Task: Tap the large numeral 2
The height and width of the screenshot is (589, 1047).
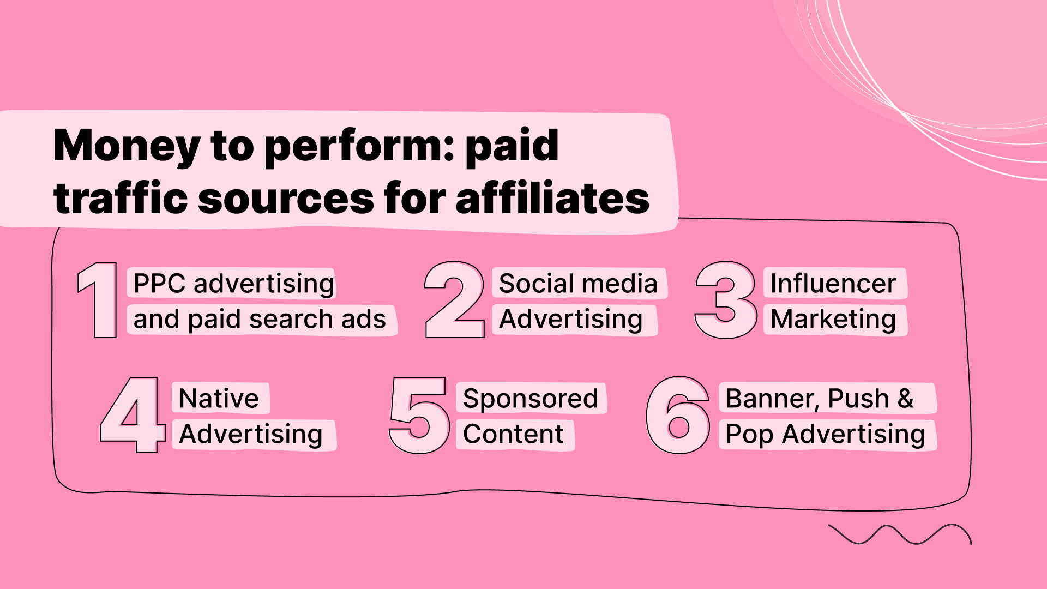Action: (x=454, y=300)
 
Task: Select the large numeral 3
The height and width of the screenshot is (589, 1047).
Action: (x=726, y=300)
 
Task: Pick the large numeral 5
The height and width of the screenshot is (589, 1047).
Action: (x=419, y=416)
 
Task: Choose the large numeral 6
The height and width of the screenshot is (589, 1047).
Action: (x=678, y=416)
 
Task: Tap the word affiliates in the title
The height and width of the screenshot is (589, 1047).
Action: (x=552, y=198)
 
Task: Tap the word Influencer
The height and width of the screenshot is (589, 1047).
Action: (x=833, y=284)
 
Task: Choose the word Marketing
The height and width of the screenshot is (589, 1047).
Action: (x=833, y=319)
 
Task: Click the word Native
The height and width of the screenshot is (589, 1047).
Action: (x=219, y=399)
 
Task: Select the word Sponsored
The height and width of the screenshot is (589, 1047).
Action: (x=530, y=399)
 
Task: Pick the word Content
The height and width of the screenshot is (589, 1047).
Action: (x=513, y=434)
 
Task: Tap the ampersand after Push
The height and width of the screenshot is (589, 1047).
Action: (x=905, y=399)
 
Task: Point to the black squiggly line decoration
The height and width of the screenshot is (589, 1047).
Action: (x=900, y=534)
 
